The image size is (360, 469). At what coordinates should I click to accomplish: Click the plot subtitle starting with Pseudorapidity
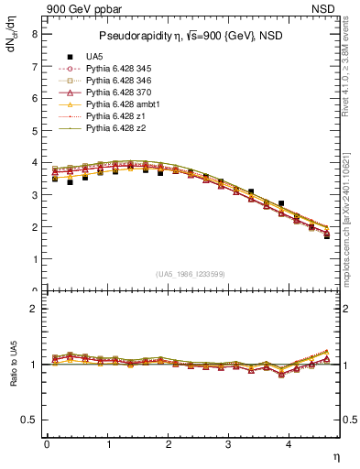pyautogui.click(x=179, y=37)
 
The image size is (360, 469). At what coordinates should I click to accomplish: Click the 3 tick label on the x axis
pyautogui.click(x=228, y=444)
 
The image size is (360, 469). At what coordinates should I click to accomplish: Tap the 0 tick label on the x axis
pyautogui.click(x=47, y=444)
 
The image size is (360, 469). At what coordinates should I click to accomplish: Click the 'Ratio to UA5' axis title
pyautogui.click(x=12, y=377)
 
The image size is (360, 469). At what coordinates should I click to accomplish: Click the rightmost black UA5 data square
pyautogui.click(x=327, y=236)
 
